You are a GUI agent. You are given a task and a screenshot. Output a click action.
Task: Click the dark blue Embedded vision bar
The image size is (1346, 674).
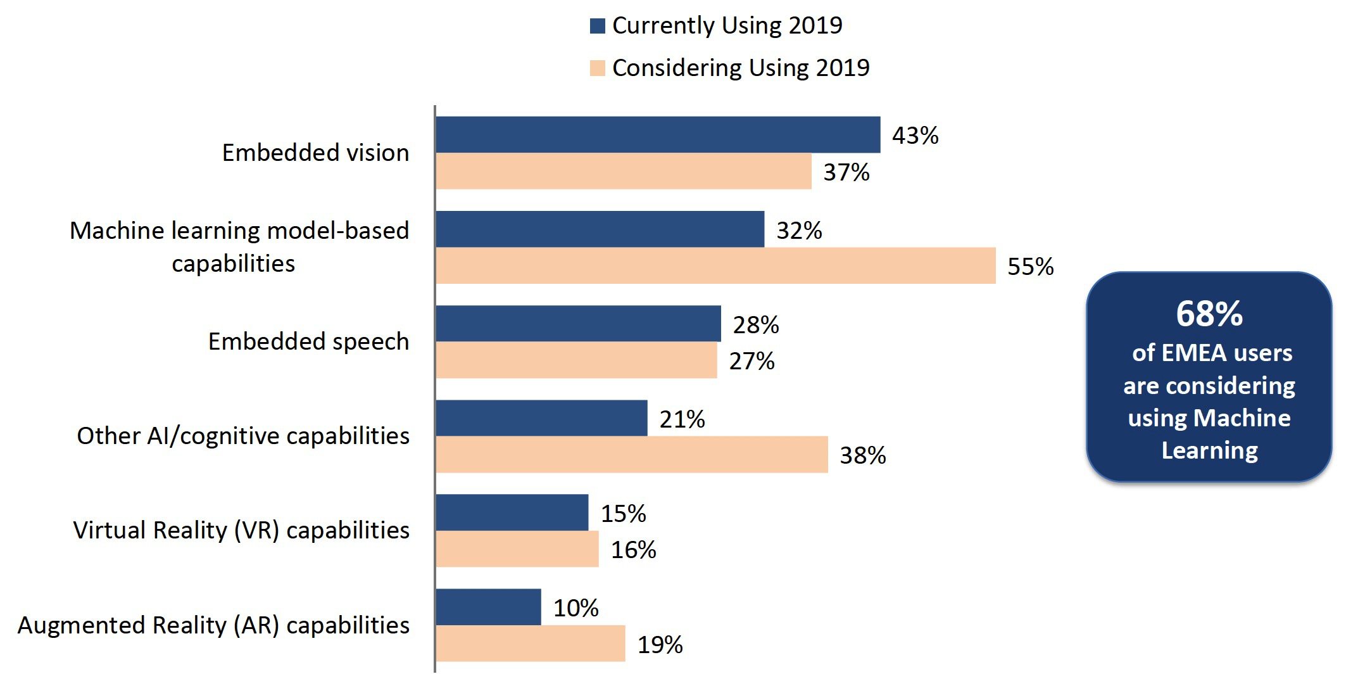point(657,134)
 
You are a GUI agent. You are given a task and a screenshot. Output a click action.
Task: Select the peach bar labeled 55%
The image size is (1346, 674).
point(715,265)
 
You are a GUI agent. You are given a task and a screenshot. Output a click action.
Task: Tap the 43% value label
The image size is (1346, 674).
point(915,136)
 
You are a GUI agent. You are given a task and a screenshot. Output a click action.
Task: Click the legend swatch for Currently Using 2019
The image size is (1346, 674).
point(597,26)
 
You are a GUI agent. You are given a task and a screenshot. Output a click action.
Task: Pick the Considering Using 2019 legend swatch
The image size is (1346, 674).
point(597,68)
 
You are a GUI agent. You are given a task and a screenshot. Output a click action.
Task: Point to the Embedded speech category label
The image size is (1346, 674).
point(308,341)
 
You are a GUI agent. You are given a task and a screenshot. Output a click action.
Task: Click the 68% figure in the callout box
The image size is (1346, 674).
point(1209,314)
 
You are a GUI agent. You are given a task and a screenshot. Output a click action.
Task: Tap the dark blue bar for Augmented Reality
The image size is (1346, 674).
point(488,607)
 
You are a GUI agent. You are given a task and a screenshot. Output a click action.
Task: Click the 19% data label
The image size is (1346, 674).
point(660,645)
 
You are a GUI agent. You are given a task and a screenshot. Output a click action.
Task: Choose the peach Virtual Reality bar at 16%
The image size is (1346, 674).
point(517,549)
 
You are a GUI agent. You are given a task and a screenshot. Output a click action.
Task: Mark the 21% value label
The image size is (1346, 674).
point(682,419)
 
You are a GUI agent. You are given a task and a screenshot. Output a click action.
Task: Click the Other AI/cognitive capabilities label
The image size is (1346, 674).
point(243,436)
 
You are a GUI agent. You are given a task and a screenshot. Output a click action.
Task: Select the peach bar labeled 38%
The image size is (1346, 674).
point(631,454)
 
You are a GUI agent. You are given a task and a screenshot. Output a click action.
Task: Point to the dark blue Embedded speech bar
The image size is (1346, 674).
point(577,324)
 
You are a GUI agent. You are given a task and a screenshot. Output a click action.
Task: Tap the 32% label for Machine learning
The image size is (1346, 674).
point(799,231)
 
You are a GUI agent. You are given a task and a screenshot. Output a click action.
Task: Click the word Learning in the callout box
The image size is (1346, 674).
point(1209,450)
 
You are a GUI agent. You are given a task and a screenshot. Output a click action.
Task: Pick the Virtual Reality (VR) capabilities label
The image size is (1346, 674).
point(241,530)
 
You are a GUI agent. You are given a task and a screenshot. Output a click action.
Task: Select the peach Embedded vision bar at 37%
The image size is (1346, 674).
point(623,171)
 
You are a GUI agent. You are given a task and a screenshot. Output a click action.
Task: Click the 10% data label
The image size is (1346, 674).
point(576,608)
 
